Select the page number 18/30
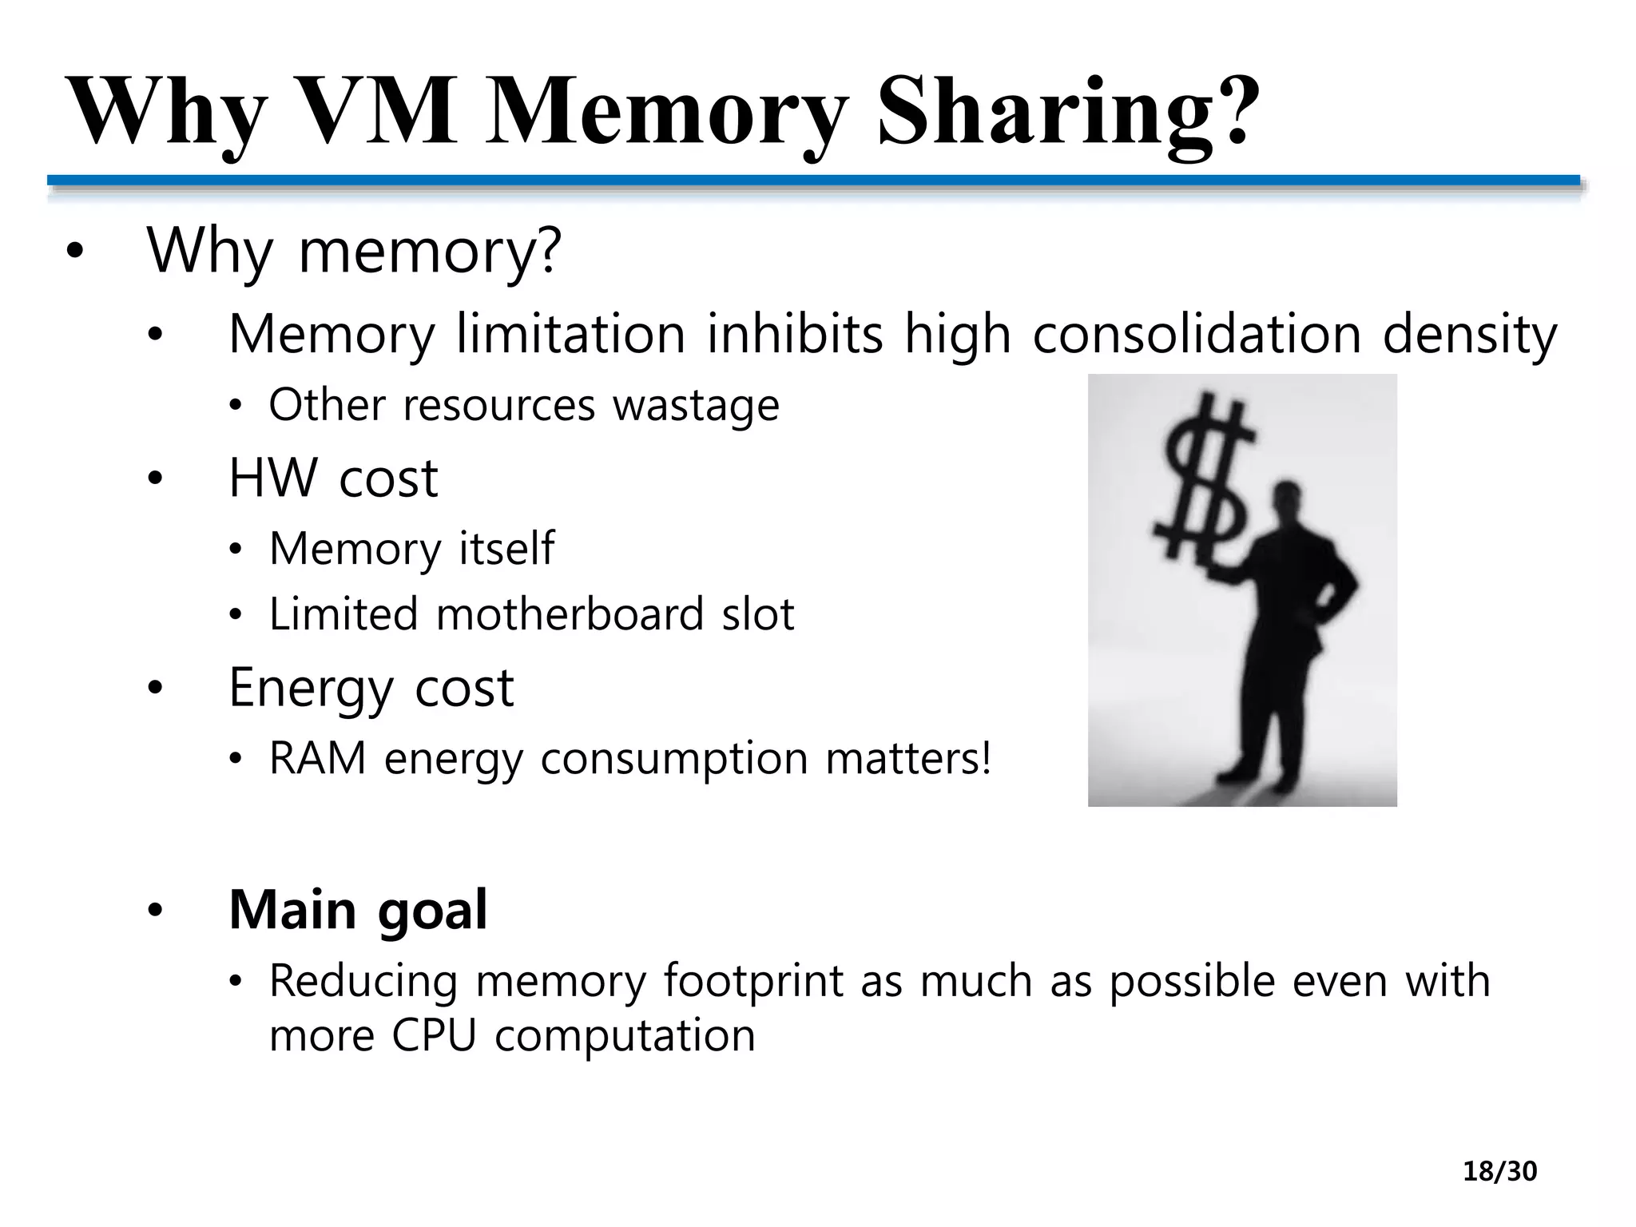(x=1499, y=1172)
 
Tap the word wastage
(x=696, y=406)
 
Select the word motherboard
(x=570, y=614)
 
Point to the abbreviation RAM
(x=317, y=758)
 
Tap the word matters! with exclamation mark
(x=908, y=758)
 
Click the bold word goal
(x=431, y=911)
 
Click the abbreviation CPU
(x=434, y=1035)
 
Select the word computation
(x=625, y=1037)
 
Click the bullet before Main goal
(x=154, y=910)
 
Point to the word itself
(x=506, y=549)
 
